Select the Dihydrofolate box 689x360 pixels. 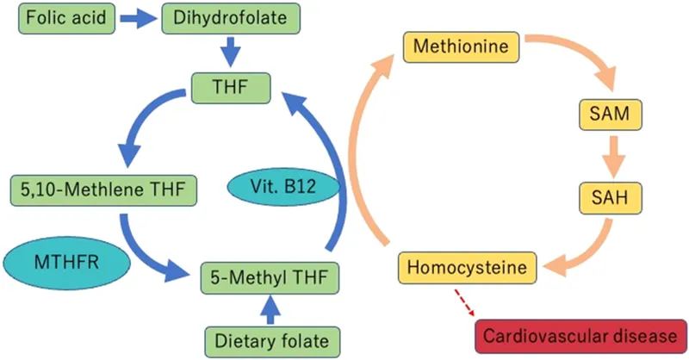230,17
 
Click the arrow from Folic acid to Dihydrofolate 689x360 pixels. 135,18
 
